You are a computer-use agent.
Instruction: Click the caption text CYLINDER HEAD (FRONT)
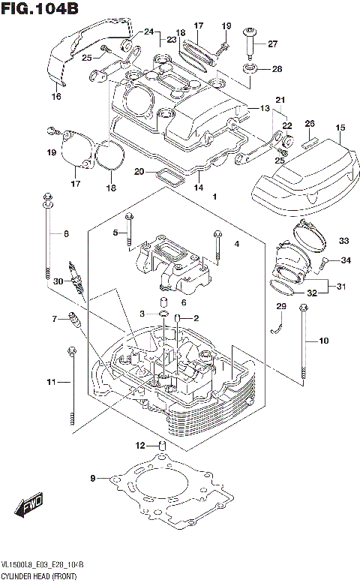tap(43, 574)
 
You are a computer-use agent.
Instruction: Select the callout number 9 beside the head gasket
tap(93, 478)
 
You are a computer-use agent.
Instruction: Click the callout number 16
tap(55, 97)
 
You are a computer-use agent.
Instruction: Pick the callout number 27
tap(272, 44)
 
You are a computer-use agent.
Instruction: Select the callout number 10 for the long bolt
tap(324, 341)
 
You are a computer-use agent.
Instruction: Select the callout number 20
tap(139, 172)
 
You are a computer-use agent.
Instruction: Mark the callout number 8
tap(65, 234)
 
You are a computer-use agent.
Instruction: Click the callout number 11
tap(51, 383)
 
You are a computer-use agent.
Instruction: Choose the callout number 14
tap(198, 187)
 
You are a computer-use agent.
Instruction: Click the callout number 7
tap(55, 319)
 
